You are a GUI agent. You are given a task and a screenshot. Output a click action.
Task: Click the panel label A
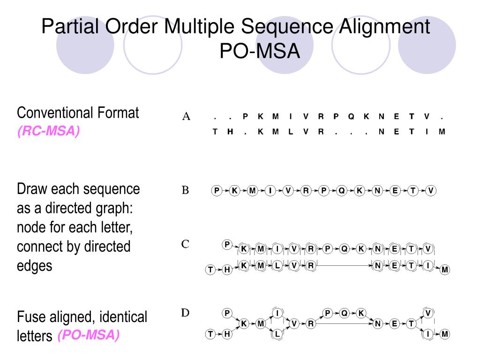click(186, 117)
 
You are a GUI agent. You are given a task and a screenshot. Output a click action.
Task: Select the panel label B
click(186, 190)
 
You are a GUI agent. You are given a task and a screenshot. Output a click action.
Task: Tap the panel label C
click(186, 244)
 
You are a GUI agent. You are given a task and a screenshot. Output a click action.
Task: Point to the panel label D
click(186, 313)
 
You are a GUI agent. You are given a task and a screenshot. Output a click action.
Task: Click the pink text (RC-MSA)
click(49, 132)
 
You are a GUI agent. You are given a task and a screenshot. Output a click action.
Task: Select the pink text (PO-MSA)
click(89, 335)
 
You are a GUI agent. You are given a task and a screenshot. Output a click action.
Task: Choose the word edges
click(35, 266)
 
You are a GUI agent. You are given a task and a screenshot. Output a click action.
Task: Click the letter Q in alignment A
click(351, 117)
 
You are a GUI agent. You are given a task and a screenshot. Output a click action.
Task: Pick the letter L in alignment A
click(290, 132)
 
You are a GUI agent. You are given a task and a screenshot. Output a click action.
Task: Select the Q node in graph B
click(342, 191)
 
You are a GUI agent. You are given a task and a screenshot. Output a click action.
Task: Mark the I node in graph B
click(270, 191)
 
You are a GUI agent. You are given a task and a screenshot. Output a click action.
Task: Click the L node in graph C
click(277, 266)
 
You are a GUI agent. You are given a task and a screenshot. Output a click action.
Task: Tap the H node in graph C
click(227, 270)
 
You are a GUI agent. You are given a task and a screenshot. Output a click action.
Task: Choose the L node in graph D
click(277, 334)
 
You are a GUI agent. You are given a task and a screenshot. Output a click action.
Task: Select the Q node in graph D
click(344, 313)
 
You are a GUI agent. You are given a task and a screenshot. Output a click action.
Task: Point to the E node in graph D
click(394, 323)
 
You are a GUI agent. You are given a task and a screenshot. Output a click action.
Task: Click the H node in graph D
click(227, 334)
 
